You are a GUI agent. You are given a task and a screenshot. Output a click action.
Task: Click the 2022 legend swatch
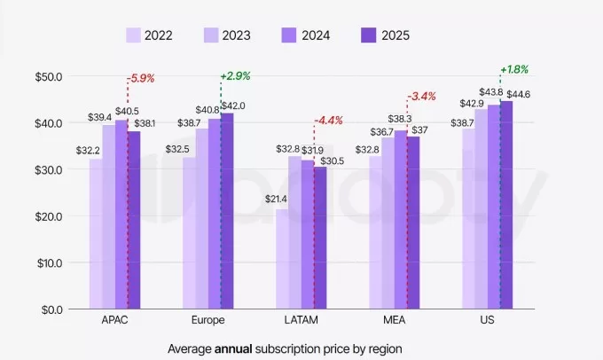pos(134,35)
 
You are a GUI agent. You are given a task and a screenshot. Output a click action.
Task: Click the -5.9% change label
pos(143,79)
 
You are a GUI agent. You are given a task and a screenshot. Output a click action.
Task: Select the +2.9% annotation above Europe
pos(236,76)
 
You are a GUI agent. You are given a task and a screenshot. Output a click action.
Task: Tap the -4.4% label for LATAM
pos(331,121)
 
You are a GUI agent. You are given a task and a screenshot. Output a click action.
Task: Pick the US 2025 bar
pos(506,205)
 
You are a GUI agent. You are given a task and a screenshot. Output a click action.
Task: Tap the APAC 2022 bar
pos(95,234)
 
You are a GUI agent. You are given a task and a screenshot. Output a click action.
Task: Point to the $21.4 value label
pos(278,200)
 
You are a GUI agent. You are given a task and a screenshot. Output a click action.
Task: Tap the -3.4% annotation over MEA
pos(421,97)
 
